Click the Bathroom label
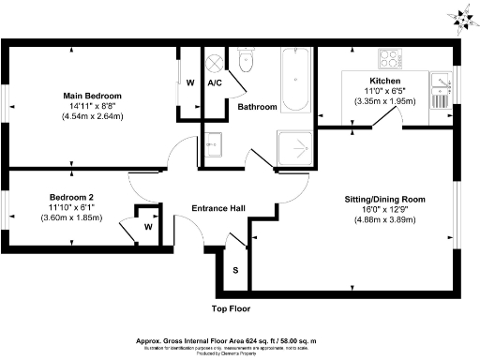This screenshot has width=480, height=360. point(257,108)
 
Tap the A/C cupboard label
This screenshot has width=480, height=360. point(215,82)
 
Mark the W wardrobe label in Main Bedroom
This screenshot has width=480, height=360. point(190,82)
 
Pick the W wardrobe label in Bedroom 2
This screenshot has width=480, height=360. point(148,226)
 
